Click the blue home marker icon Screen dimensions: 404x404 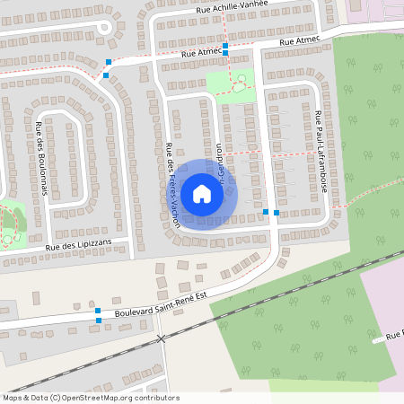point(202,193)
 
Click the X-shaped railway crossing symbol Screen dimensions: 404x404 point(162,338)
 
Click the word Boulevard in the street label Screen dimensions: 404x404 point(134,312)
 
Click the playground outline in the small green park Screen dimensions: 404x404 point(241,84)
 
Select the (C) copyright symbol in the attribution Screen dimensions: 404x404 point(56,398)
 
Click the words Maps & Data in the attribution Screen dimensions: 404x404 point(25,398)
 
